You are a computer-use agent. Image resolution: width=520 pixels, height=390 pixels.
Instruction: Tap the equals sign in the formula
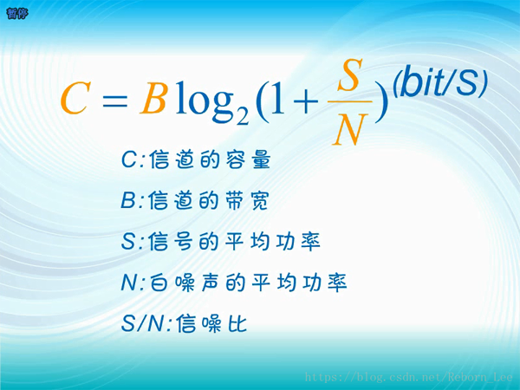[x=114, y=99]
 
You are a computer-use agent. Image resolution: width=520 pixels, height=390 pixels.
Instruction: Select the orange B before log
[x=153, y=99]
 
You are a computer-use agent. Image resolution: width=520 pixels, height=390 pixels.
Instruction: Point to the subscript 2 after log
[x=242, y=116]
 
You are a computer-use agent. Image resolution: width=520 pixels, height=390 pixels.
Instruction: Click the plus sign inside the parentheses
[x=305, y=101]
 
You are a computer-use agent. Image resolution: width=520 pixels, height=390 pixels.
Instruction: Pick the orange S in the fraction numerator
[x=350, y=75]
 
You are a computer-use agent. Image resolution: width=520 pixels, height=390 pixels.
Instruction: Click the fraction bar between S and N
[x=350, y=101]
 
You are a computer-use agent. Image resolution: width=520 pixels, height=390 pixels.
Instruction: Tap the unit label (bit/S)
[x=440, y=82]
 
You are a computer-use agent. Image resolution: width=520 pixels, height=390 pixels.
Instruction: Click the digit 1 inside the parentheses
[x=278, y=99]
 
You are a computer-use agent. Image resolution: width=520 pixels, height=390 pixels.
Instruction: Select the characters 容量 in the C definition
[x=249, y=159]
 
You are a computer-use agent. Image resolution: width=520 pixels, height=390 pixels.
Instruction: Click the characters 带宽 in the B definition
[x=246, y=201]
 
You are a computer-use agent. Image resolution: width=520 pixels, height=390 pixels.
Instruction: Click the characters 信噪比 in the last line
[x=211, y=323]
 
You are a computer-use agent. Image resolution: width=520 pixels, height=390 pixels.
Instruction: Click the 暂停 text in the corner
[x=17, y=13]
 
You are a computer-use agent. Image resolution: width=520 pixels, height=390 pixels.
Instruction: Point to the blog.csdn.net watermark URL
[x=408, y=377]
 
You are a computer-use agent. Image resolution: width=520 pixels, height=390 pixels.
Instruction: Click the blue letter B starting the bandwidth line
[x=128, y=201]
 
